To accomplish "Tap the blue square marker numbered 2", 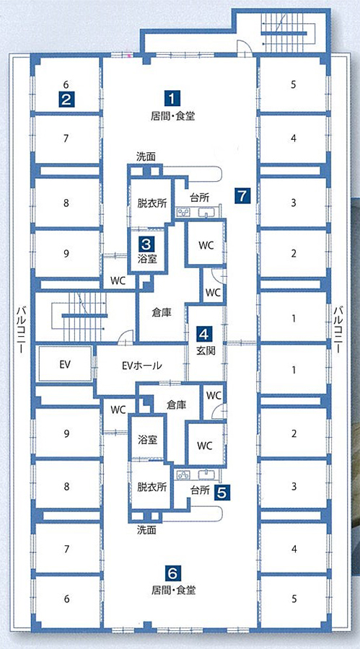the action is tap(66, 100).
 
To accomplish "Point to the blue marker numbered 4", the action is tap(205, 333).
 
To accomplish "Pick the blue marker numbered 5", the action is tap(222, 492).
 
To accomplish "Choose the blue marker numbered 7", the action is tap(242, 195).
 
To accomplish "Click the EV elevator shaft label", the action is tap(65, 365).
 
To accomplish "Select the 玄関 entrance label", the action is tap(205, 350).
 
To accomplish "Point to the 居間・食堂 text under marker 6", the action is tap(173, 589).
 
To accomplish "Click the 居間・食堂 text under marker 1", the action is tap(172, 116).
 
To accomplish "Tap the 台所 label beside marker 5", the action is tap(199, 491).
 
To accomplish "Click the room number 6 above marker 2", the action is tap(66, 85).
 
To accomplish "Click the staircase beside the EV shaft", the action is tap(79, 316).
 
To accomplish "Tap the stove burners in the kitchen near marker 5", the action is tap(183, 475).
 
